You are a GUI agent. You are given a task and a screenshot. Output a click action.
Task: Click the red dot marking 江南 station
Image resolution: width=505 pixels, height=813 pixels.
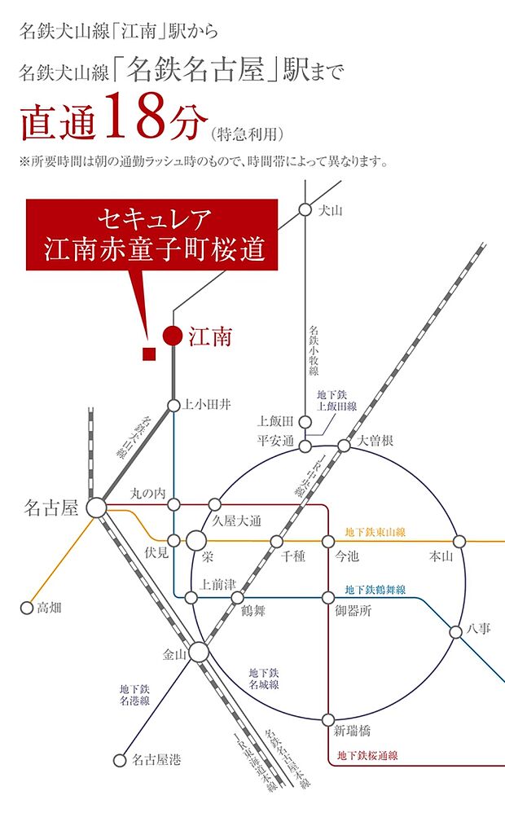[x=172, y=335]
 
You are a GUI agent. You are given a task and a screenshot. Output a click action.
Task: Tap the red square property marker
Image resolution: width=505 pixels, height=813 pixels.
[x=148, y=353]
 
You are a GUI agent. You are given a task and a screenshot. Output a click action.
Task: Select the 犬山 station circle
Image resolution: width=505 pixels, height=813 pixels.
[x=305, y=210]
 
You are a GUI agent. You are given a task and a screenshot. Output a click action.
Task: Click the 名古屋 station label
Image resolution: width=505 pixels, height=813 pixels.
[x=50, y=508]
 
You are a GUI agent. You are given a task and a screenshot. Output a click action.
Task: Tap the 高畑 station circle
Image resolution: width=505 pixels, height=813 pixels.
[x=25, y=608]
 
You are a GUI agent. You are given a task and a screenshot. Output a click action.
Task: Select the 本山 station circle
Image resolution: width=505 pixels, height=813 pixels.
[x=459, y=541]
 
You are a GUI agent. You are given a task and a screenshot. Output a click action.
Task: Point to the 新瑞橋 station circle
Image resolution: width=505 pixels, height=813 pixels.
[x=328, y=720]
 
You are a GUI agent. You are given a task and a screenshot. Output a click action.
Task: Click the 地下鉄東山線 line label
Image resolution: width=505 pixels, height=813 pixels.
[x=375, y=532]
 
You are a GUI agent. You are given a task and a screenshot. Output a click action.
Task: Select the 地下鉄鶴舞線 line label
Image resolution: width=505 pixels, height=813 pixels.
[x=375, y=589]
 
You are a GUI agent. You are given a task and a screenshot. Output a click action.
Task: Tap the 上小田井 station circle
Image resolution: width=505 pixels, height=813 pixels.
[x=173, y=405]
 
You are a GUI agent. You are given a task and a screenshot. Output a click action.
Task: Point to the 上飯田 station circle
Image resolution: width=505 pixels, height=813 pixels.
[x=305, y=421]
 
